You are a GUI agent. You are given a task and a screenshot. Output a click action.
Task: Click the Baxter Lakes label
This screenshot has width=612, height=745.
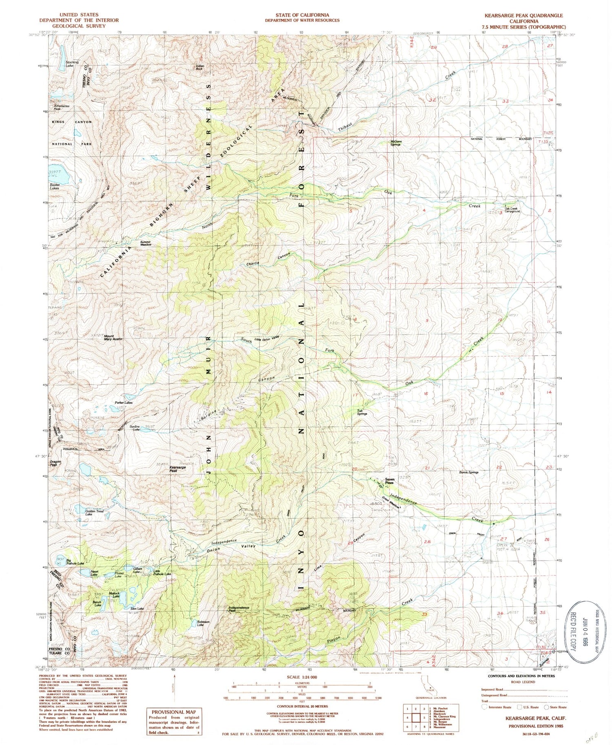click(x=55, y=187)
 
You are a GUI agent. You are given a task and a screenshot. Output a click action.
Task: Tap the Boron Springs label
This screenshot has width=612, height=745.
click(x=469, y=472)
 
